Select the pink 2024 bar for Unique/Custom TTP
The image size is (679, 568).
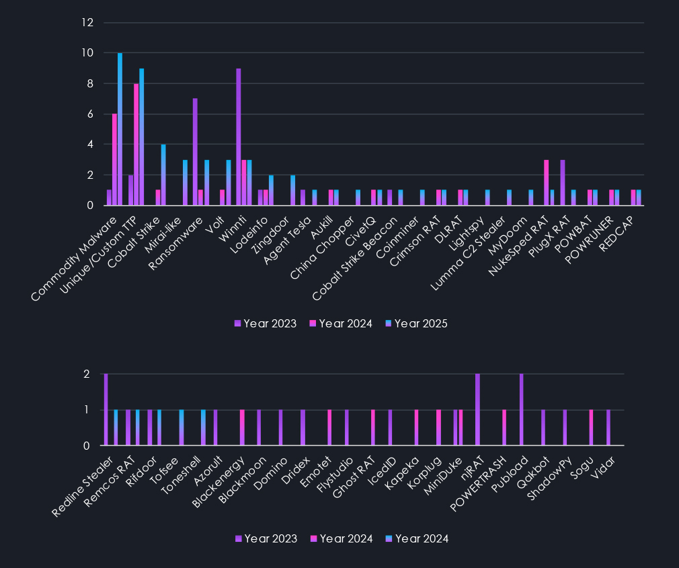click(x=136, y=145)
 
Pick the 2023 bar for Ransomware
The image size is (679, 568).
click(x=195, y=152)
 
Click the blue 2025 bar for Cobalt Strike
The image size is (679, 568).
click(x=163, y=175)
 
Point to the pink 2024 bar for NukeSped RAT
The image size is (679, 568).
click(x=547, y=182)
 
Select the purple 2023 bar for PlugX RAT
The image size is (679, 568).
click(x=563, y=182)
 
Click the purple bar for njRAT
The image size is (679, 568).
click(x=477, y=409)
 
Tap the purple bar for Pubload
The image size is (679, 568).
click(x=521, y=409)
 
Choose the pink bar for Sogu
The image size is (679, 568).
click(x=592, y=428)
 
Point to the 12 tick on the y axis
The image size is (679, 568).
click(x=88, y=23)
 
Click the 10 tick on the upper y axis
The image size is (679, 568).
click(x=88, y=53)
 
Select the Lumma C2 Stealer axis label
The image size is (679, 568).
click(x=480, y=249)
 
